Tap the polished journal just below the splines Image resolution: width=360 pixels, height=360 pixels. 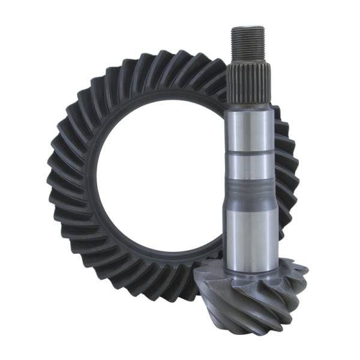pyautogui.click(x=250, y=129)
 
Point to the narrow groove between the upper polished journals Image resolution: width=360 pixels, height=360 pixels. pyautogui.click(x=250, y=153)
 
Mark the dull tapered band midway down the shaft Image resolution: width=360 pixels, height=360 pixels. pyautogui.click(x=250, y=195)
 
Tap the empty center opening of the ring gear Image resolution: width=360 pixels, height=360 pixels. pyautogui.click(x=159, y=180)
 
